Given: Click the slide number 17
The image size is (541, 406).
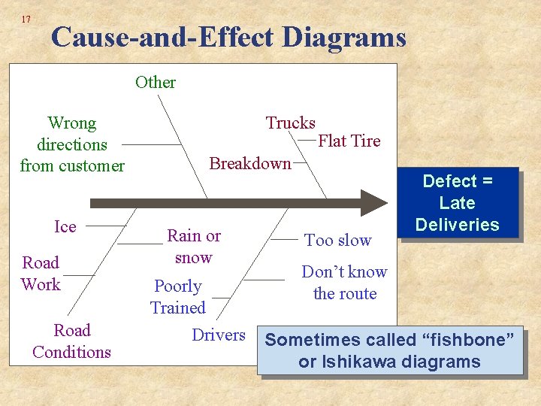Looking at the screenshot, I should click(26, 19).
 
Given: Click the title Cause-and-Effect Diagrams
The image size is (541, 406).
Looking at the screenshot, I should click(228, 37).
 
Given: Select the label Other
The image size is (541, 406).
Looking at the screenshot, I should click(156, 82).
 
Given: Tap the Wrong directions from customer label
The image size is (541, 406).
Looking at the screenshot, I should click(72, 144).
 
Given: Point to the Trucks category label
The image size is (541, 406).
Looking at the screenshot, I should click(291, 123).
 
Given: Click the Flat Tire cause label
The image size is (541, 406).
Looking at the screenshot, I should click(349, 141).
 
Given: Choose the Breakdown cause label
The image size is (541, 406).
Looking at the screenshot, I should click(250, 163).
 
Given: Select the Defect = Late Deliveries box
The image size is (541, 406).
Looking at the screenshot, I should click(457, 203).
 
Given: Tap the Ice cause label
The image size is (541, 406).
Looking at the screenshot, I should click(65, 226).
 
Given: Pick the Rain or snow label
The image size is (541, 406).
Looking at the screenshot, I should click(194, 247).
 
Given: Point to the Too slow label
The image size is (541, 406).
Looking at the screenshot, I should click(338, 241).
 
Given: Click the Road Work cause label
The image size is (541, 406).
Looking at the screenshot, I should click(41, 274).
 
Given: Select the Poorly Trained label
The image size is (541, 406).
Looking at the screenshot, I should click(178, 297).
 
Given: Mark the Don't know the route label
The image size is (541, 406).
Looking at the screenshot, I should click(344, 283).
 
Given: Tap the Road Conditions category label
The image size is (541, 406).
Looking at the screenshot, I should click(71, 341).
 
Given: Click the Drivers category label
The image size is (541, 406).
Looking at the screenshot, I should click(219, 335).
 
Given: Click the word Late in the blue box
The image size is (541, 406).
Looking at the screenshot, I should click(457, 203).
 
